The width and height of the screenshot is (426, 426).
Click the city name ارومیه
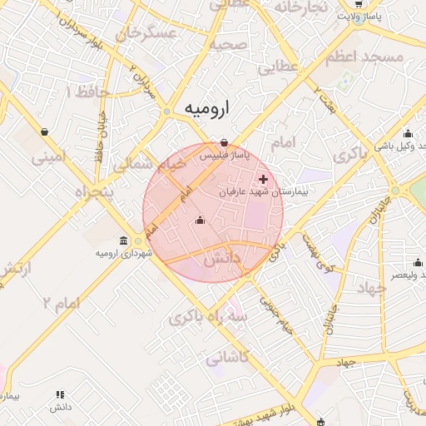207,109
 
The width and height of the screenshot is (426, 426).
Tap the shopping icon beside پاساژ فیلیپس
224,141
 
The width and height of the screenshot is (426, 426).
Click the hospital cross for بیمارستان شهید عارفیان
264,179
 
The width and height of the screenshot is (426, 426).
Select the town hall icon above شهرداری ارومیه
124,240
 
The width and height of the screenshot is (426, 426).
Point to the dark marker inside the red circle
199,220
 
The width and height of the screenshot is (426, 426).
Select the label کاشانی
226,359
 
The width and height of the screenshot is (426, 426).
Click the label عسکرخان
149,33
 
